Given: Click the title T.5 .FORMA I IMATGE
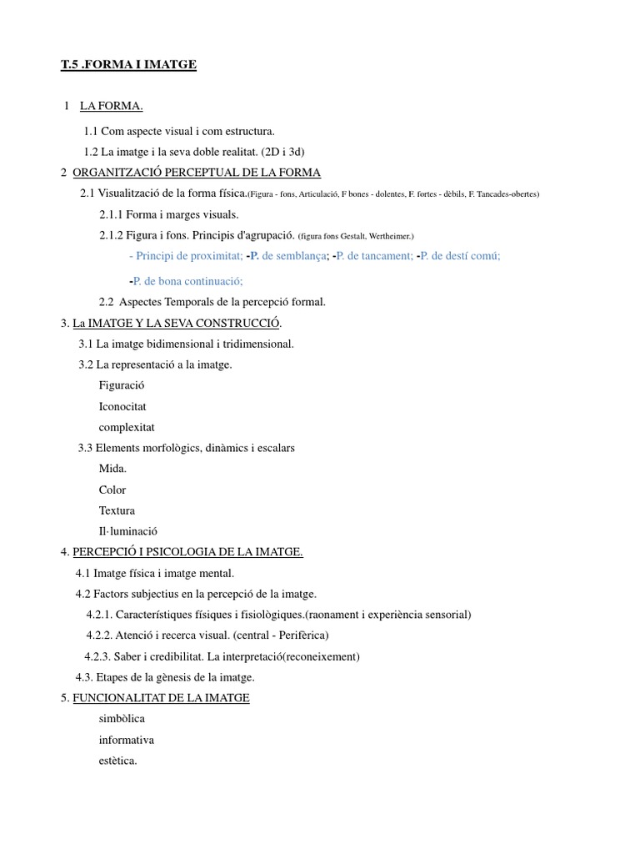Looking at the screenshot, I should (128, 64).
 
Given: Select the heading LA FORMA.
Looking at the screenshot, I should (112, 106).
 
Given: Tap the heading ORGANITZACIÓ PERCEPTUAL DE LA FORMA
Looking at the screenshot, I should (197, 173).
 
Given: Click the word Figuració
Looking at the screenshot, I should (122, 385).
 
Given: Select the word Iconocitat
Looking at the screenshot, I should (123, 406).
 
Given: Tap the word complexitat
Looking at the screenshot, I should (127, 427).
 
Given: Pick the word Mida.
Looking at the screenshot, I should (112, 469).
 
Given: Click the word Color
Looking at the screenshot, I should (112, 490).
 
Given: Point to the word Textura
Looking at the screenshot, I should (117, 510).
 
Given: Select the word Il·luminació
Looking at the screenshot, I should (128, 531).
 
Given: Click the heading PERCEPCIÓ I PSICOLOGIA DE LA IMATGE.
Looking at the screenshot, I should (187, 552).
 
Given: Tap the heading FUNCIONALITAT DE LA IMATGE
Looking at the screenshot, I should (161, 698).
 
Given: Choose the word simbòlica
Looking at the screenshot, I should (122, 719).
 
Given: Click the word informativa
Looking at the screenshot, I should (127, 740).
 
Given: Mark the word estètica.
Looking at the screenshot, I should (117, 761).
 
